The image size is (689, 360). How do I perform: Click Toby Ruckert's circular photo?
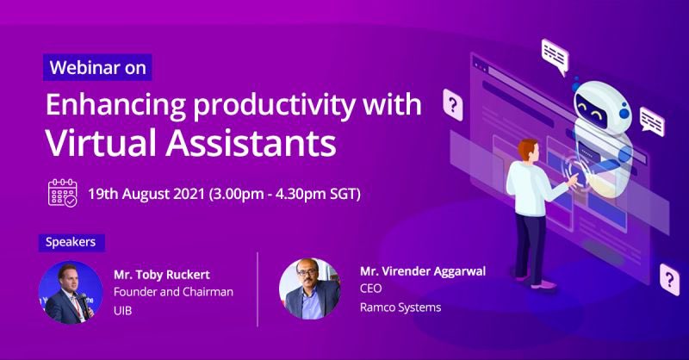(71, 293)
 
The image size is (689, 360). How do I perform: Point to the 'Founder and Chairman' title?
(173, 292)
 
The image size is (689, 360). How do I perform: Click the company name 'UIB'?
(123, 310)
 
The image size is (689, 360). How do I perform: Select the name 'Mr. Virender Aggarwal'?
(423, 271)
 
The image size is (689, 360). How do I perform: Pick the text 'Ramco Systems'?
(400, 307)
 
